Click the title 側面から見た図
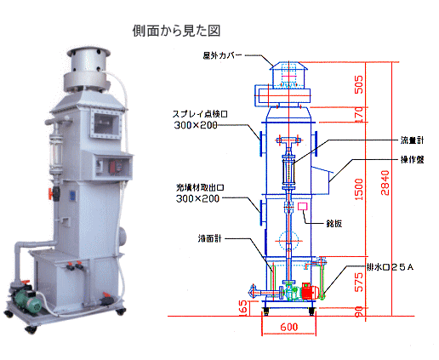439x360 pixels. tap(176, 31)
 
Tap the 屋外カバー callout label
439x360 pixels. tap(222, 55)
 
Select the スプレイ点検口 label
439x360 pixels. tap(200, 114)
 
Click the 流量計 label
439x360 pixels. tap(412, 140)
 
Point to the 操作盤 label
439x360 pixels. tap(412, 160)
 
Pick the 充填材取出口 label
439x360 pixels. tap(200, 187)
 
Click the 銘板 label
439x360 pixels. tap(334, 224)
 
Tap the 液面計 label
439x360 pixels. tap(209, 238)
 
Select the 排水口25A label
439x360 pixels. tap(390, 267)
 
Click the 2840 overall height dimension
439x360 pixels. tap(385, 182)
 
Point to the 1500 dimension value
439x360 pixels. tap(359, 189)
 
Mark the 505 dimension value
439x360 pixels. tap(359, 84)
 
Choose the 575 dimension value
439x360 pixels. tap(359, 283)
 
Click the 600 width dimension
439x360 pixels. tap(289, 327)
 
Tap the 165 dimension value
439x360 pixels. tap(243, 307)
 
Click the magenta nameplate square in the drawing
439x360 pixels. tap(303, 206)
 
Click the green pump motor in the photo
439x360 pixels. tap(28, 300)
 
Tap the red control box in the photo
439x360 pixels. tap(117, 166)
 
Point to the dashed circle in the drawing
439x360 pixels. tap(289, 241)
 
